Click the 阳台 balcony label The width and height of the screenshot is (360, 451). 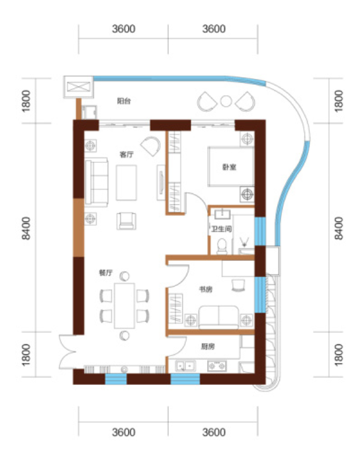pyautogui.click(x=124, y=101)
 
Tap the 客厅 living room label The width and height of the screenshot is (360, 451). pyautogui.click(x=126, y=154)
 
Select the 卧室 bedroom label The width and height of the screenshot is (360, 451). pyautogui.click(x=229, y=167)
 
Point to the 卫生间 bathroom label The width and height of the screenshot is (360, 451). pyautogui.click(x=221, y=229)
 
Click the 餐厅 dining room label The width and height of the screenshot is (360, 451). pyautogui.click(x=106, y=273)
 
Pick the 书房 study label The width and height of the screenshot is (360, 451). pyautogui.click(x=206, y=289)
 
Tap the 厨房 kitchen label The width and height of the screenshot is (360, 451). pyautogui.click(x=208, y=346)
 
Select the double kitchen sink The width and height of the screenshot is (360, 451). pyautogui.click(x=185, y=366)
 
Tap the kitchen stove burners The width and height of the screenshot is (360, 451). pyautogui.click(x=217, y=366)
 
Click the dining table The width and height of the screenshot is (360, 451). pyautogui.click(x=124, y=306)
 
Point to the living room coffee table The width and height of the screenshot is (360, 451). pyautogui.click(x=126, y=183)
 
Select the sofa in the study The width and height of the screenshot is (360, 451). pyautogui.click(x=218, y=317)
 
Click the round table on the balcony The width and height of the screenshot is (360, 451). pyautogui.click(x=226, y=101)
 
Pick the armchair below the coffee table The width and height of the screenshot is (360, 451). pyautogui.click(x=126, y=221)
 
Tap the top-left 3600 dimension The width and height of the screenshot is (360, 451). pyautogui.click(x=124, y=29)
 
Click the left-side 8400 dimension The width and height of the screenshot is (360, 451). pyautogui.click(x=26, y=228)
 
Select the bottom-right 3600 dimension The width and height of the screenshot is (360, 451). pyautogui.click(x=214, y=432)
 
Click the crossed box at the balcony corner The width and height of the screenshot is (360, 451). pyautogui.click(x=79, y=87)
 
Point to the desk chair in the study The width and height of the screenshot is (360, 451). pyautogui.click(x=238, y=286)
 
